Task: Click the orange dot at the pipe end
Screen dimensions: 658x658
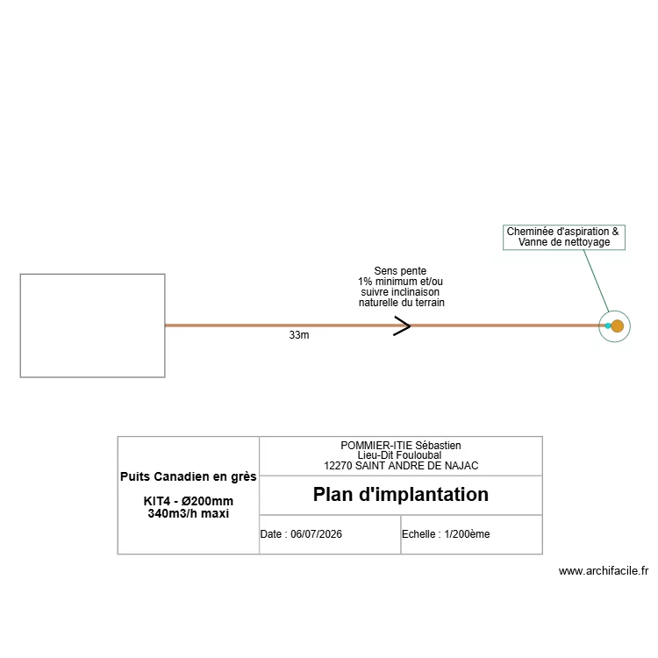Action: tap(617, 326)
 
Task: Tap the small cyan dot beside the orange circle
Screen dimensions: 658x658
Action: tap(608, 325)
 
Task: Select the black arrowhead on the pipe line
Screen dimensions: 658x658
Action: tap(402, 326)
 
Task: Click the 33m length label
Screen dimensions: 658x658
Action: tap(299, 335)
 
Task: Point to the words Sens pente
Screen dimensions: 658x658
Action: tap(400, 271)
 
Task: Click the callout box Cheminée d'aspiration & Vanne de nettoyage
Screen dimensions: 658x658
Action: tap(563, 237)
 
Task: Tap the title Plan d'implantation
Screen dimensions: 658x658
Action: tap(401, 494)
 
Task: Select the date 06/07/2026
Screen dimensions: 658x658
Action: tap(316, 533)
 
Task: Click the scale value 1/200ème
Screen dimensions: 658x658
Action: tap(467, 533)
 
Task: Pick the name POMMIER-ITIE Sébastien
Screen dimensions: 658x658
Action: tap(401, 445)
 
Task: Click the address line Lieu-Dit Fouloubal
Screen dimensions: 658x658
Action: tap(399, 455)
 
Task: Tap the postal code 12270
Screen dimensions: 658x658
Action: tap(338, 466)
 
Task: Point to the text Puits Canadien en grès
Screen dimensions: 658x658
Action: tap(189, 476)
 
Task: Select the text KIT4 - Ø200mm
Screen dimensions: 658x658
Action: tap(189, 501)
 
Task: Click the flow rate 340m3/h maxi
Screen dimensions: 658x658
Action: tap(189, 513)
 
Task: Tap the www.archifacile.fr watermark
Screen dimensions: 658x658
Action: tap(604, 571)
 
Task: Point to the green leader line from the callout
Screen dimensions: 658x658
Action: tap(596, 281)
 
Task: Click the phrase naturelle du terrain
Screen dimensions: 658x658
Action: tap(402, 303)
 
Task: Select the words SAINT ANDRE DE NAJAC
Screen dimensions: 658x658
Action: tap(417, 466)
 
